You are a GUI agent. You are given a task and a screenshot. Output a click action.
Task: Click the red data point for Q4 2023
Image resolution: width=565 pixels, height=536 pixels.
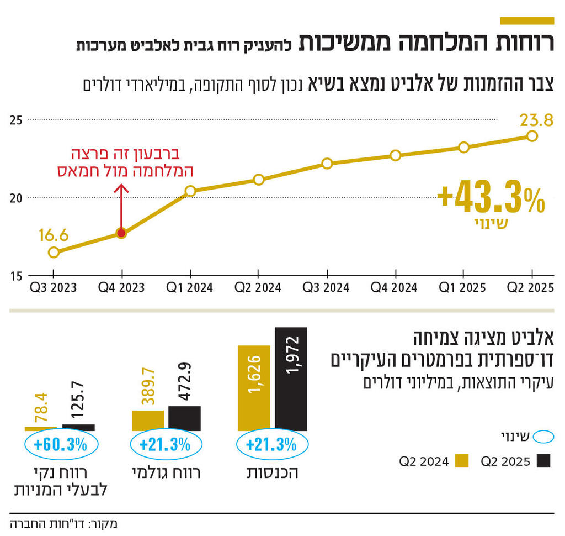[121, 233]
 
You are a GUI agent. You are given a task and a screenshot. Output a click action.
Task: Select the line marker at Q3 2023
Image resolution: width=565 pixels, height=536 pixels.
[54, 253]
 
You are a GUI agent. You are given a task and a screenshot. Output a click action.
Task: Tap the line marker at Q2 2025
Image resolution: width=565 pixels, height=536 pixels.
[532, 136]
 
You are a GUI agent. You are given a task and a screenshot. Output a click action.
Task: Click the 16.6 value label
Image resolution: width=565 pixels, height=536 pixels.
[54, 236]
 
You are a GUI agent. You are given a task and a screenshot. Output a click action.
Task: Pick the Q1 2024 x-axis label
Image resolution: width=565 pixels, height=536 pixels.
[190, 287]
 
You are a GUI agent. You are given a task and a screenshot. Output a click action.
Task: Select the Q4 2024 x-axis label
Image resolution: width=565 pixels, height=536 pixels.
[395, 287]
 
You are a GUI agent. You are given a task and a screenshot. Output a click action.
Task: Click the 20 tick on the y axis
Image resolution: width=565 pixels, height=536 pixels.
[17, 198]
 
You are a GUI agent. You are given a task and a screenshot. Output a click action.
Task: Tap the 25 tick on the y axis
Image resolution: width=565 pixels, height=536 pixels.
[17, 119]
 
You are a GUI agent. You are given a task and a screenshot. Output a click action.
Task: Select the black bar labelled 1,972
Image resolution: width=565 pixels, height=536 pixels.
[291, 379]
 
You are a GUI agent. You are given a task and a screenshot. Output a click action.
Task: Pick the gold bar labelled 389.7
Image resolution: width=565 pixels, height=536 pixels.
[148, 420]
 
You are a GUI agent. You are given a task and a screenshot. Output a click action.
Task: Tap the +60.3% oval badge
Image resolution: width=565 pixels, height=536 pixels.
[61, 445]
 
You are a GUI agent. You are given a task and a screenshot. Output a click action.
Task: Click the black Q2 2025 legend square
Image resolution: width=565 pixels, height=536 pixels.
[544, 461]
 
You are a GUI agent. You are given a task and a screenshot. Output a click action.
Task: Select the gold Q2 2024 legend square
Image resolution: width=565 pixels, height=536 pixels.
[462, 461]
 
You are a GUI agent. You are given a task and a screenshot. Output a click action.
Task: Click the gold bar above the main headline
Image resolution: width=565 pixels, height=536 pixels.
[526, 20]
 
